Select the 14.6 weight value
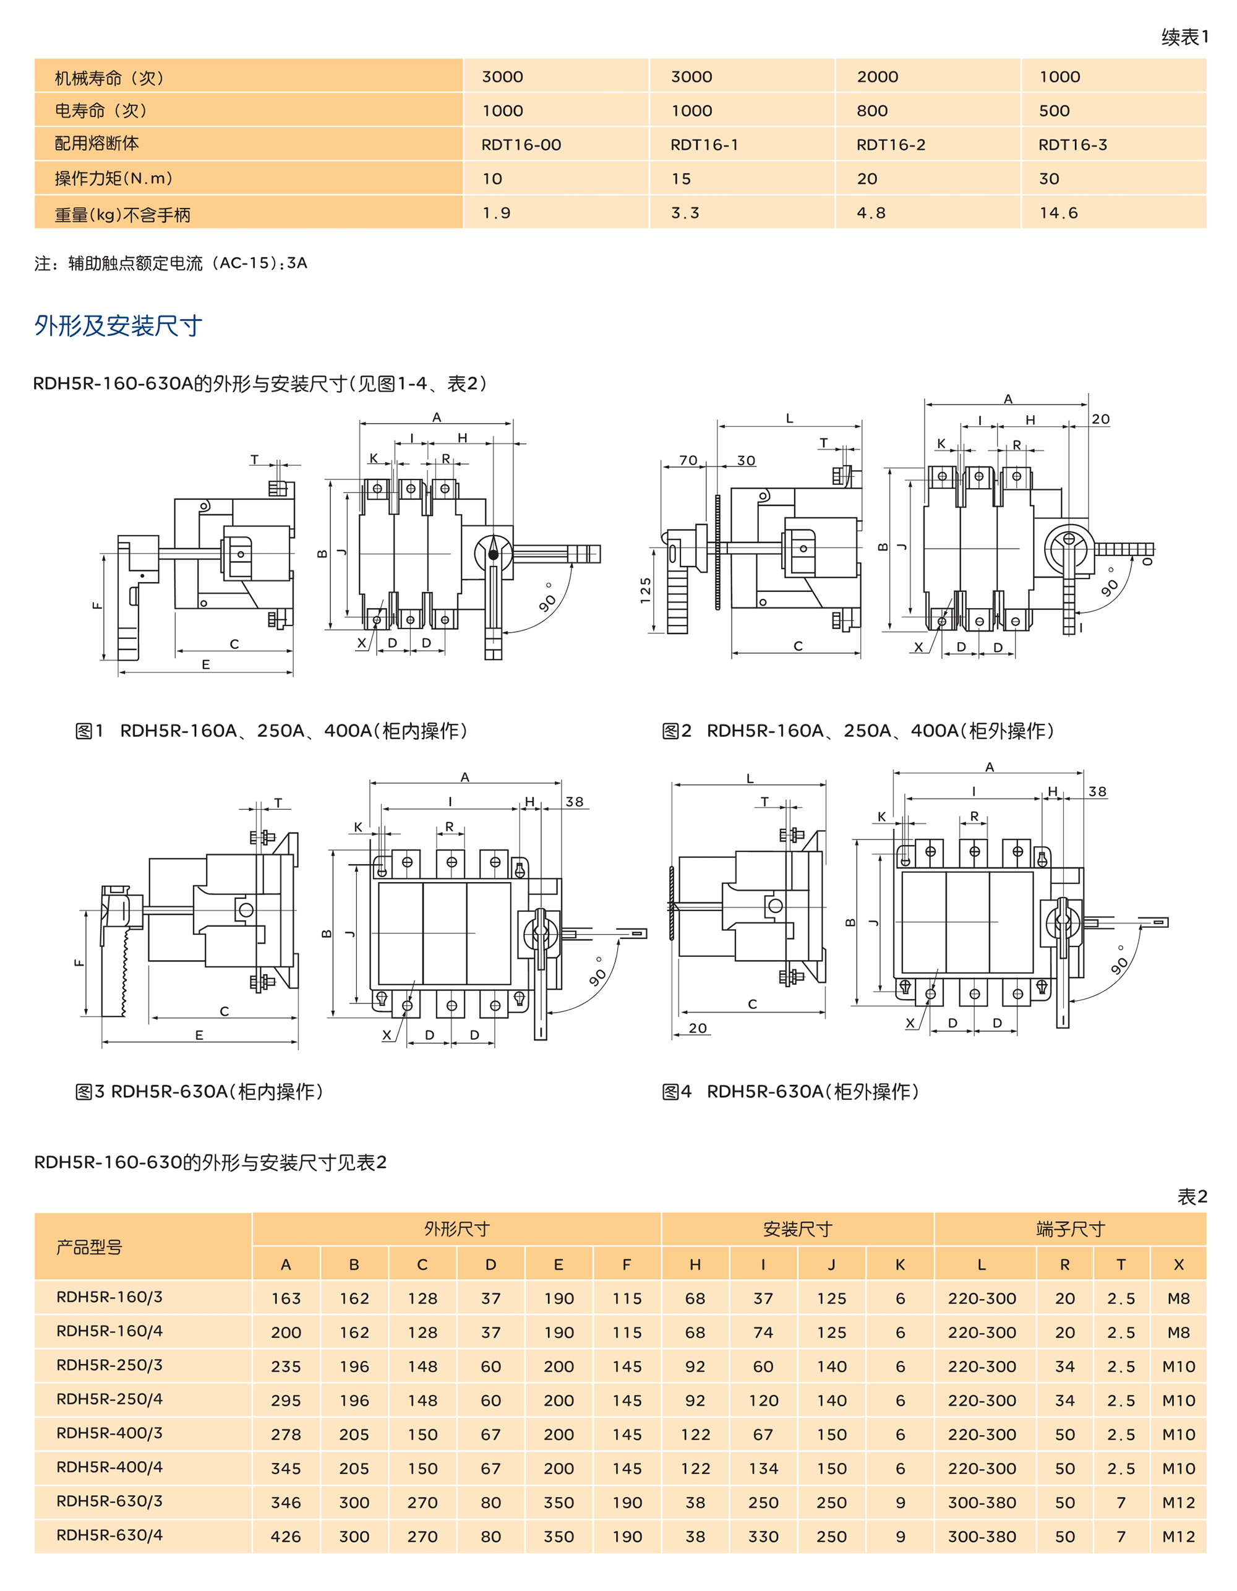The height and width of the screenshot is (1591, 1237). [x=1058, y=213]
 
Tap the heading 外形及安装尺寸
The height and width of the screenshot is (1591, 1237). [x=118, y=325]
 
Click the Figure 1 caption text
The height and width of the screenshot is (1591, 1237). [x=271, y=731]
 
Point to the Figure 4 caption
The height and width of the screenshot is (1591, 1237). [x=790, y=1091]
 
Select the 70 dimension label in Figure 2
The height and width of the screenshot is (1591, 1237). [x=688, y=460]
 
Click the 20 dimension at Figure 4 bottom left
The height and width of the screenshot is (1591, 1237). [x=697, y=1028]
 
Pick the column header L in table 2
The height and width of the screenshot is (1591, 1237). [x=982, y=1264]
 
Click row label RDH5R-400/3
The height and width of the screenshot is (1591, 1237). [x=109, y=1433]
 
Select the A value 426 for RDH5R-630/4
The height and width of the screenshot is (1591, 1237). [x=286, y=1537]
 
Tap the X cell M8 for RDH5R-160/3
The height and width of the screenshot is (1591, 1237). [x=1178, y=1298]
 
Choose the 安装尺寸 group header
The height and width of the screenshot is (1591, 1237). [x=797, y=1230]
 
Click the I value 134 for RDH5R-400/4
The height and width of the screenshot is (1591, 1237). [x=763, y=1469]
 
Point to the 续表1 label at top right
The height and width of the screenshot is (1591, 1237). [x=1184, y=37]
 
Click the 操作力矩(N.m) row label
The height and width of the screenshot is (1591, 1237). [x=114, y=179]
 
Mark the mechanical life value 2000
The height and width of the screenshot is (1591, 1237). [x=877, y=77]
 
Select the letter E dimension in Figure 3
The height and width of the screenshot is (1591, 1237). [x=199, y=1034]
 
